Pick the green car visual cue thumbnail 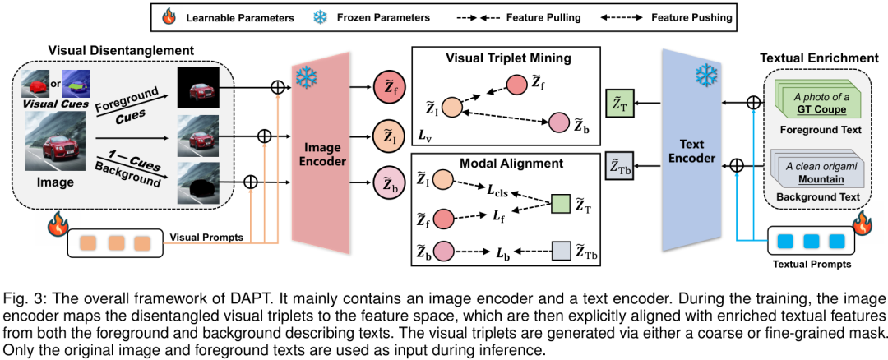tap(76, 84)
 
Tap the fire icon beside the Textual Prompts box tap(861, 222)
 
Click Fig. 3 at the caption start tap(20, 297)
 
